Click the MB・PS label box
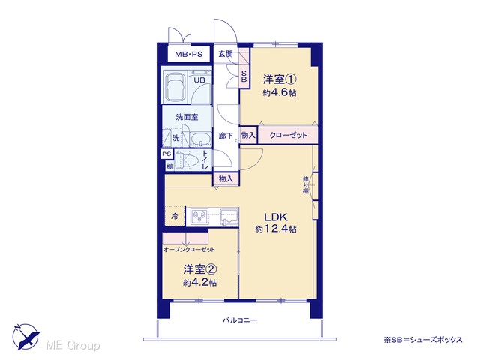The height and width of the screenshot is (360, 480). (x=188, y=55)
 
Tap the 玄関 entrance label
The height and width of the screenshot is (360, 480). (x=226, y=54)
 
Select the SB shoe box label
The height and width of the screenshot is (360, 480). (x=244, y=76)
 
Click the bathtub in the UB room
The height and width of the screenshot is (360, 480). (x=174, y=87)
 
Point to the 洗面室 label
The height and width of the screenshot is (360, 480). (x=187, y=117)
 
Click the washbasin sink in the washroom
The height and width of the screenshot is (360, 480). (x=201, y=140)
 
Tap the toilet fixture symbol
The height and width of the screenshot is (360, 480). (x=188, y=160)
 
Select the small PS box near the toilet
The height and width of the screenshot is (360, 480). (x=166, y=154)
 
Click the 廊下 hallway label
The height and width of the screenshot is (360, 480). (x=226, y=136)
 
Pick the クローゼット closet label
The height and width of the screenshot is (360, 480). (x=288, y=135)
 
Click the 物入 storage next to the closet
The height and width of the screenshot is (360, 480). (x=248, y=135)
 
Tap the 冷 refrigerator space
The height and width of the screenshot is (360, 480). (x=175, y=217)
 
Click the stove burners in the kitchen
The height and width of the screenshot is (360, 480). (x=199, y=217)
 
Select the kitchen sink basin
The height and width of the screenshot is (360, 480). (x=229, y=217)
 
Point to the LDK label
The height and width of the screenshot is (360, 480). (x=276, y=217)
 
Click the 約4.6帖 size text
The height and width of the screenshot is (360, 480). (x=280, y=92)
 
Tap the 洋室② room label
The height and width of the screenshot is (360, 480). (x=200, y=269)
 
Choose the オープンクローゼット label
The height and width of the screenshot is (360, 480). (x=189, y=250)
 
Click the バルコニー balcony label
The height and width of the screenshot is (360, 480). (x=240, y=320)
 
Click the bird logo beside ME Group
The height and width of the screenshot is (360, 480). (x=25, y=337)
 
